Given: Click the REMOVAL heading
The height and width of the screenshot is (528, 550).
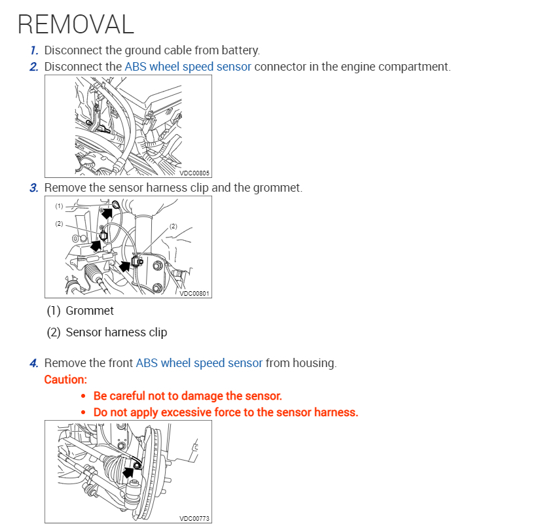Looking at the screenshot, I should pyautogui.click(x=75, y=24).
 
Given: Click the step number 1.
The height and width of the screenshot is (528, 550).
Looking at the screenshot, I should pyautogui.click(x=34, y=50).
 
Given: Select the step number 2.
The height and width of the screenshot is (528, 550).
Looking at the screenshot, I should pyautogui.click(x=34, y=67).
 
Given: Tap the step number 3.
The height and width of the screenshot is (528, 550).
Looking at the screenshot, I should pyautogui.click(x=34, y=188).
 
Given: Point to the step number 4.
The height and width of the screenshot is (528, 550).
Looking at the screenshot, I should pyautogui.click(x=34, y=363).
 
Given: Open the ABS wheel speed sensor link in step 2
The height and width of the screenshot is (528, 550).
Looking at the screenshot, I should pyautogui.click(x=187, y=67).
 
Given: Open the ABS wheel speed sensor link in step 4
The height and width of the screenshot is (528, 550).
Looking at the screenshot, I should pyautogui.click(x=199, y=363).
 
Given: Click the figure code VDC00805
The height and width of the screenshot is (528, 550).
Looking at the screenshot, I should pyautogui.click(x=194, y=173).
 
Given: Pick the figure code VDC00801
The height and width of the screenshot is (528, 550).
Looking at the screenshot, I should pyautogui.click(x=194, y=294).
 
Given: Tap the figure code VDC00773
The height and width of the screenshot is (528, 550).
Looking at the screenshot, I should pyautogui.click(x=194, y=519).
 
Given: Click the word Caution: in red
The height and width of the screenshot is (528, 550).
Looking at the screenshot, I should pyautogui.click(x=65, y=379).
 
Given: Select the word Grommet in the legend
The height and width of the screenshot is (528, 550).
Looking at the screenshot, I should pyautogui.click(x=90, y=311).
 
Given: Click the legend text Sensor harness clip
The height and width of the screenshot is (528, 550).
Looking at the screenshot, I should pyautogui.click(x=117, y=332).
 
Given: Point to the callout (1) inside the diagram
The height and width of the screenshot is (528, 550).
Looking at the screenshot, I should pyautogui.click(x=59, y=206).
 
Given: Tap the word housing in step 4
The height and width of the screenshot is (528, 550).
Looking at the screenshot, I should pyautogui.click(x=314, y=363).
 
